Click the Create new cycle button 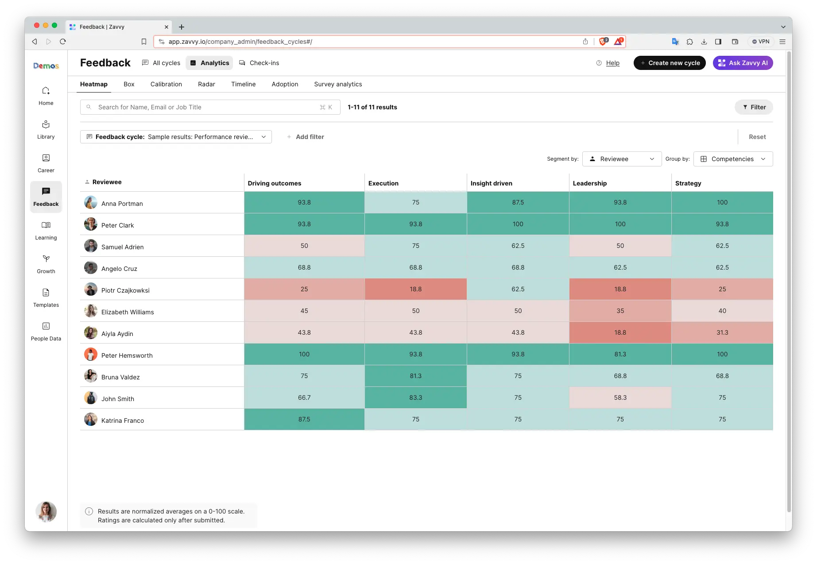pos(669,63)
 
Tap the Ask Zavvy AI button pos(743,63)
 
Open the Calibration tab pos(166,84)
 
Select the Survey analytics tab pos(338,84)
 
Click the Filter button pos(754,107)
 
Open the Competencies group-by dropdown pos(733,159)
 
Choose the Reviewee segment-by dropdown pos(622,159)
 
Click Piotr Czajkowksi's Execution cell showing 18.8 pos(415,289)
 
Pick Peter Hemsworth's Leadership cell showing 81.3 pos(620,354)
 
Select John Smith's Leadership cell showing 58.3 pos(620,398)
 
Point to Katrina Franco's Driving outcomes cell pos(304,419)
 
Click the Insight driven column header pos(491,183)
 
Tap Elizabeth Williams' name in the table pos(128,312)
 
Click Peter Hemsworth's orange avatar pos(91,355)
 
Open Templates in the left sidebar pos(46,297)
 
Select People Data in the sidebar pos(46,331)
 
